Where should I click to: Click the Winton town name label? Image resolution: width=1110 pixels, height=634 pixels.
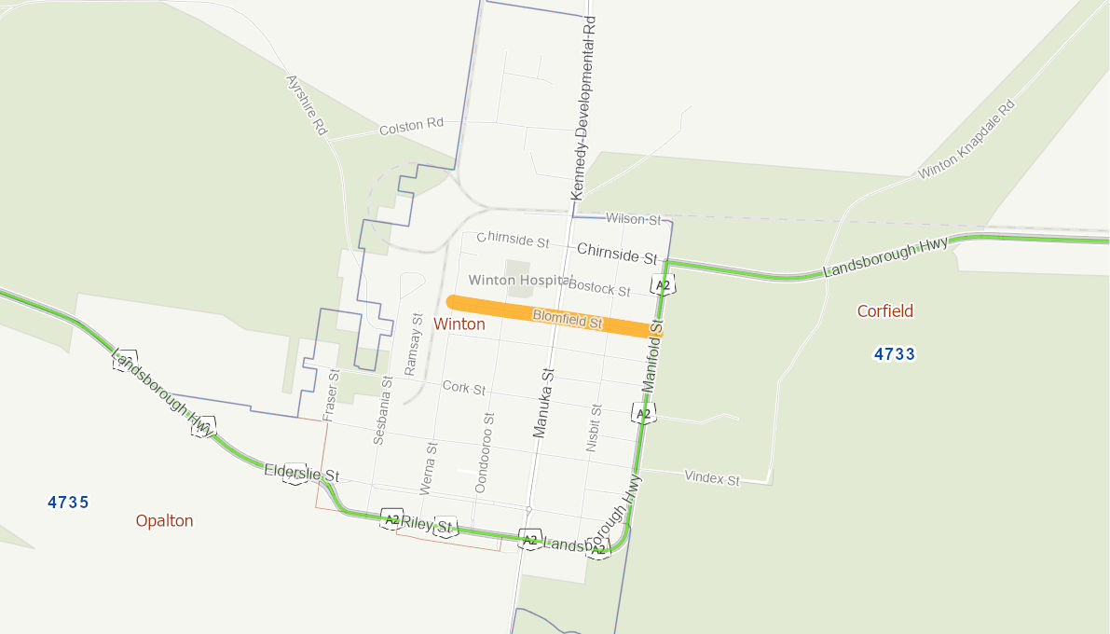click(459, 324)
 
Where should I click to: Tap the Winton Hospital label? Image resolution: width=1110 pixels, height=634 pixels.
click(518, 280)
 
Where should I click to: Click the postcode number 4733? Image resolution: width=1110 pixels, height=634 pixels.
click(895, 354)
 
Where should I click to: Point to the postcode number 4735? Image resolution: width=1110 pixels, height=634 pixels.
click(68, 503)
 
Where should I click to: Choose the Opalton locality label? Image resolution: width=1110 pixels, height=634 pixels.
click(164, 520)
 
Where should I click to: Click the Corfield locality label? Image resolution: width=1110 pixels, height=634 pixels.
click(885, 311)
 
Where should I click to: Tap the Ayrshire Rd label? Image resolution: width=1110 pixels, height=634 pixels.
click(307, 106)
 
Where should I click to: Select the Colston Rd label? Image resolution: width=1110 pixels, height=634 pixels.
click(411, 126)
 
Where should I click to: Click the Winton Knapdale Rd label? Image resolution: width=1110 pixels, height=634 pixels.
click(966, 140)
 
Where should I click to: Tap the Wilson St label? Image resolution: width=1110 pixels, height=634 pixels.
click(633, 219)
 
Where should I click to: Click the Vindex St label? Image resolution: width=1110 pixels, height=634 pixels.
click(711, 479)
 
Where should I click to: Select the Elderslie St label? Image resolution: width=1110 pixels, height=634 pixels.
click(301, 473)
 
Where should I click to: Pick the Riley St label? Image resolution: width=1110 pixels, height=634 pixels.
click(427, 525)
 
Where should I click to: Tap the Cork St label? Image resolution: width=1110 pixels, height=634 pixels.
click(464, 387)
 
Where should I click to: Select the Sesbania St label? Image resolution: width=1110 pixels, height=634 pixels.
click(381, 409)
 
